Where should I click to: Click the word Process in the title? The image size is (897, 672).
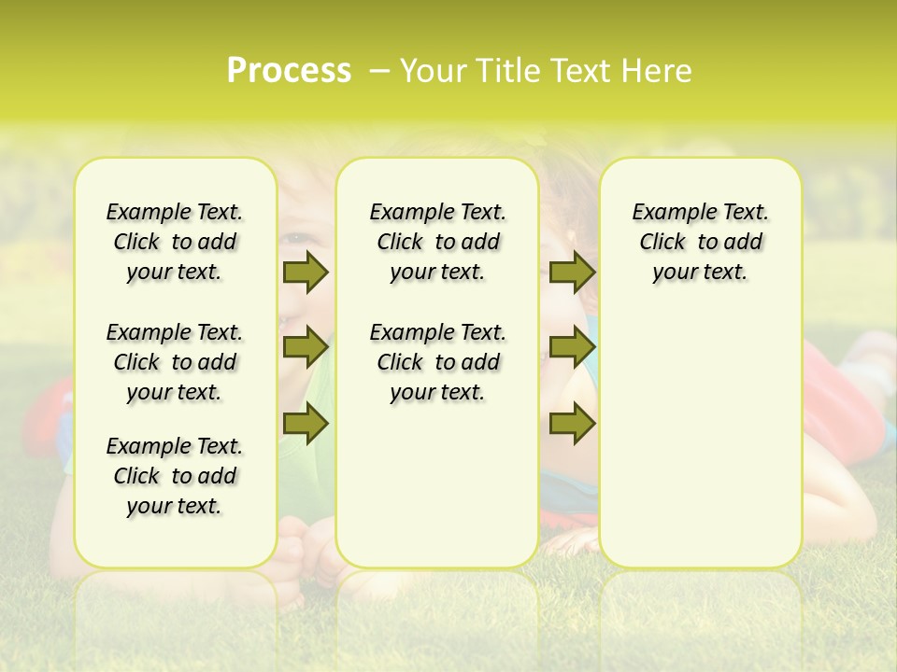pyautogui.click(x=289, y=71)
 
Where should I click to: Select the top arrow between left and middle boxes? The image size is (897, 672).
pyautogui.click(x=305, y=273)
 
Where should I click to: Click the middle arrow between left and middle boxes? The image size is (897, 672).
pyautogui.click(x=305, y=347)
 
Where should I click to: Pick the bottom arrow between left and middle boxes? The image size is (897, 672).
pyautogui.click(x=305, y=424)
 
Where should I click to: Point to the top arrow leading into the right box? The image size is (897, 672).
pyautogui.click(x=572, y=273)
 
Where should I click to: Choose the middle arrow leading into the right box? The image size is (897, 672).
pyautogui.click(x=572, y=347)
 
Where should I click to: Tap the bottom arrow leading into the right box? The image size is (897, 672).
pyautogui.click(x=572, y=424)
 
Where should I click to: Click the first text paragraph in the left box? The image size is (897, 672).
pyautogui.click(x=175, y=242)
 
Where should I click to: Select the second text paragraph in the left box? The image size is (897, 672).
pyautogui.click(x=175, y=362)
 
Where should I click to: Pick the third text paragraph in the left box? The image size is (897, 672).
pyautogui.click(x=175, y=476)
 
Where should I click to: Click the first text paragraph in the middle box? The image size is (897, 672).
pyautogui.click(x=437, y=242)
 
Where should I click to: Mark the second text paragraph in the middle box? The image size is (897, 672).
pyautogui.click(x=437, y=362)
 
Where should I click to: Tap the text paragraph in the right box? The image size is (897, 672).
pyautogui.click(x=700, y=242)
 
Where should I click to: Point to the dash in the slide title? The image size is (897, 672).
pyautogui.click(x=378, y=71)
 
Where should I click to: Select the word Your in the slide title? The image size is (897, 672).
pyautogui.click(x=431, y=71)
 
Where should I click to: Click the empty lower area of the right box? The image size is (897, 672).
pyautogui.click(x=700, y=439)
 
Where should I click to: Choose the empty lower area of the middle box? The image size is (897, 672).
pyautogui.click(x=437, y=485)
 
